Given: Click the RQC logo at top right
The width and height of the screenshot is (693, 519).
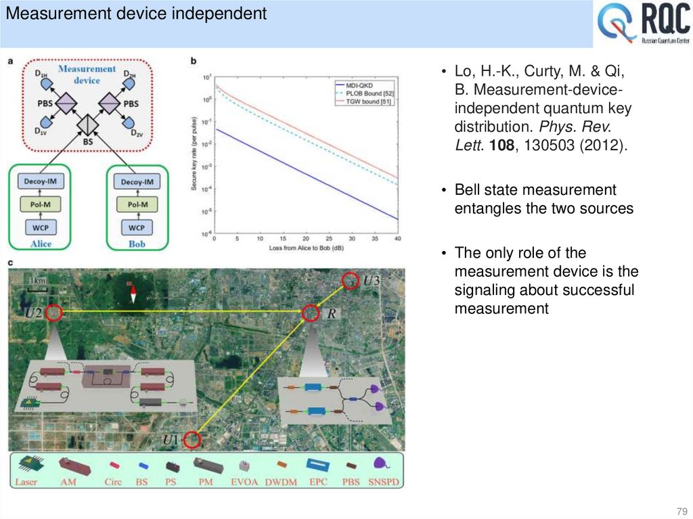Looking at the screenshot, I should click(x=643, y=24).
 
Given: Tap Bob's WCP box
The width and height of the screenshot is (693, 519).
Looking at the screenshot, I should click(x=137, y=227).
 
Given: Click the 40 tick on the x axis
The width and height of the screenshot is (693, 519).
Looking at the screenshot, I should click(x=397, y=240).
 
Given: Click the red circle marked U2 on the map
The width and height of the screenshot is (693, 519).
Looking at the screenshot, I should click(x=53, y=313).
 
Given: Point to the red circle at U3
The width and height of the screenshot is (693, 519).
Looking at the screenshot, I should click(x=349, y=279).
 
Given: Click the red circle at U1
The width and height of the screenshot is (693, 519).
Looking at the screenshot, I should click(x=192, y=440).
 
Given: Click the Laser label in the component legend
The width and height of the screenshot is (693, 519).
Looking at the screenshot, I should click(x=26, y=482).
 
